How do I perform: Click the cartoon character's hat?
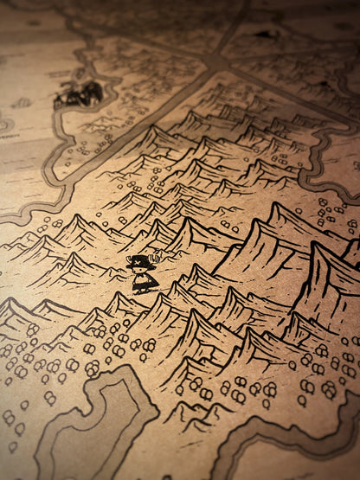139,262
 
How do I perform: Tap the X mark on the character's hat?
139,259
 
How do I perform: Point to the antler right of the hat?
157,256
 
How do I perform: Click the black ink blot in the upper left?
80,93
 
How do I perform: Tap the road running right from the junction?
286,86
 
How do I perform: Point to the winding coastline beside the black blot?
61,138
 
